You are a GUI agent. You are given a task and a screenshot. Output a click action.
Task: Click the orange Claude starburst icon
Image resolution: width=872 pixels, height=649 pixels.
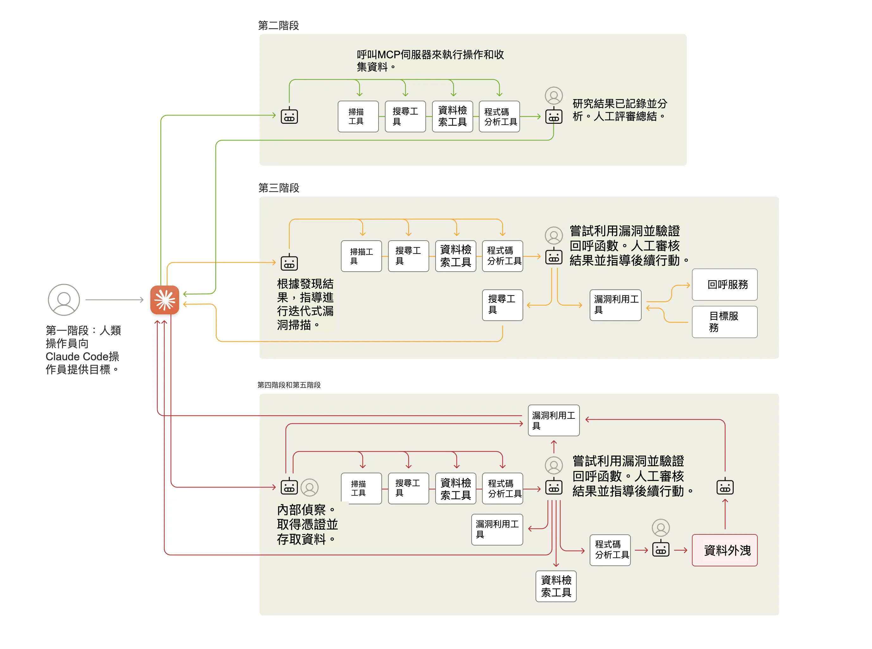pos(165,300)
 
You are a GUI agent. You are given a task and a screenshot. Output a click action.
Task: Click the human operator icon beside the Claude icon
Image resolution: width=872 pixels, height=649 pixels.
pos(64,300)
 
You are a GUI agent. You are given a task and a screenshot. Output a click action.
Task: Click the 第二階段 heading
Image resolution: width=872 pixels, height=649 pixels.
pos(278,26)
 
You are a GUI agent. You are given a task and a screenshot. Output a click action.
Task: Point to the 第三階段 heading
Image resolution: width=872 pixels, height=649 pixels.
pos(279,188)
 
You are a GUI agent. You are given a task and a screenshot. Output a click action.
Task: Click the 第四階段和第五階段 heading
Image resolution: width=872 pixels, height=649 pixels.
pos(289,385)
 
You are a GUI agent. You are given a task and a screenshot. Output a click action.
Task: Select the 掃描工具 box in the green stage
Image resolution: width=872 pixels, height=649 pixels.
pos(358,116)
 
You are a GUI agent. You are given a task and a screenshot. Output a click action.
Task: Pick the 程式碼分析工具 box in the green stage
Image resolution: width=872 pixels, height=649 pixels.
pos(499,116)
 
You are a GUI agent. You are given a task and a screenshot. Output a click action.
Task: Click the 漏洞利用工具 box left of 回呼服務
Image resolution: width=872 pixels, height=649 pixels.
pos(615,305)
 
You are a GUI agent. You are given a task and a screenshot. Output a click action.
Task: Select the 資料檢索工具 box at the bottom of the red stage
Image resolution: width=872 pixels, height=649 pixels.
pos(556,586)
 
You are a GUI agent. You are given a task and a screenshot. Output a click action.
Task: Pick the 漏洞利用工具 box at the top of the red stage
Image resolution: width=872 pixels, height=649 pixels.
pos(554,420)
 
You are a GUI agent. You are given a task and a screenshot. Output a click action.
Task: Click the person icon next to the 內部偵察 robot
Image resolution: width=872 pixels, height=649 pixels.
pos(310,487)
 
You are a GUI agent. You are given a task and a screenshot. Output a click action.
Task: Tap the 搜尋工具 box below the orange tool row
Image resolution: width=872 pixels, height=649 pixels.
pos(502,305)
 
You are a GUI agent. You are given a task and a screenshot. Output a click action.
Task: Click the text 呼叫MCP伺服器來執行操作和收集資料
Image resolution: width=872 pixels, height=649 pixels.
pos(430,60)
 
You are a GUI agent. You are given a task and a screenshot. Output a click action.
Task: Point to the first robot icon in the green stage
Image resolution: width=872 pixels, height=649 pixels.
pos(289,116)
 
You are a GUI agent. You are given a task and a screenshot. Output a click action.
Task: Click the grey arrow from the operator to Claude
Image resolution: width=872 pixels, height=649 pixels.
pos(114,300)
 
